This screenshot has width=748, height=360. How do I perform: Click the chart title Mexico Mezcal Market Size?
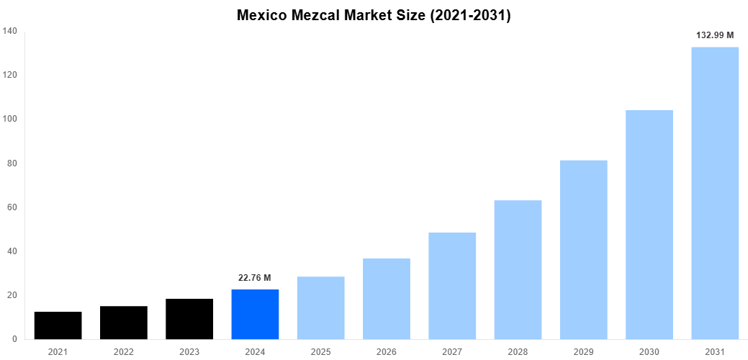click(x=374, y=15)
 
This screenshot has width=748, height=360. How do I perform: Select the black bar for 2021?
click(x=58, y=325)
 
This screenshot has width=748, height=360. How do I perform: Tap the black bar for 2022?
click(x=124, y=323)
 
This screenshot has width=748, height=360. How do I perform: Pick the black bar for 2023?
click(x=189, y=319)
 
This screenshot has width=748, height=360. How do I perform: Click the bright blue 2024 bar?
click(x=255, y=314)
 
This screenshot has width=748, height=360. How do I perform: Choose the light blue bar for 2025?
click(x=320, y=307)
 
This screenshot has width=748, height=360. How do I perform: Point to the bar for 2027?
click(x=452, y=286)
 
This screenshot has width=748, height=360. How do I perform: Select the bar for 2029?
click(x=583, y=250)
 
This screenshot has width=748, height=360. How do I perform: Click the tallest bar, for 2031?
click(x=715, y=193)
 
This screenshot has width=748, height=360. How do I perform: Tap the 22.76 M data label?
click(x=255, y=278)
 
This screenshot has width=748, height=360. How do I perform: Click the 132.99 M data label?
click(x=715, y=35)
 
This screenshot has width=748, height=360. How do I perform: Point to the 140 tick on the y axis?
click(x=10, y=31)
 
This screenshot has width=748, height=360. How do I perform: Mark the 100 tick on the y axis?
click(x=10, y=119)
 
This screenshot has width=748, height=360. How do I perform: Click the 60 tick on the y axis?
click(x=12, y=207)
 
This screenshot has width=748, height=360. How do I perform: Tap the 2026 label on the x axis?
click(x=386, y=351)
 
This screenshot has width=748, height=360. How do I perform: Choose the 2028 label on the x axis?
click(x=518, y=351)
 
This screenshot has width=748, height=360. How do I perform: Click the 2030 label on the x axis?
click(x=649, y=351)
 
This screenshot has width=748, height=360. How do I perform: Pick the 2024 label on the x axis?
click(x=255, y=351)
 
